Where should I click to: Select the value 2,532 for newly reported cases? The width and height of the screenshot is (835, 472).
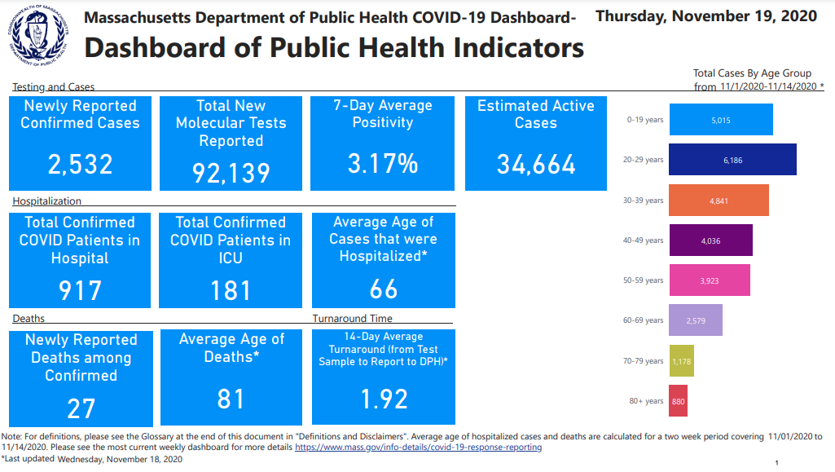click(80, 164)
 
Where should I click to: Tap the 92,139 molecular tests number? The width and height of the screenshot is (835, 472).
click(231, 172)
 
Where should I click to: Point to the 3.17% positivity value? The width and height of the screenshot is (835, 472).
click(382, 163)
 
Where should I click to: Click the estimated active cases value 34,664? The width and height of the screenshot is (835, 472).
click(536, 164)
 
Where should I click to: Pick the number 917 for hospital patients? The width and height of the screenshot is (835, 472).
click(80, 289)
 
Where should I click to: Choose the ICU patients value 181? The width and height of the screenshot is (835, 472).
click(231, 289)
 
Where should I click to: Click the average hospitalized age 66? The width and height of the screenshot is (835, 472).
click(383, 289)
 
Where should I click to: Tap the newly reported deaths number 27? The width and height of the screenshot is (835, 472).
click(81, 408)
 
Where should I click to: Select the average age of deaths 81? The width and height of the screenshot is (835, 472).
click(231, 399)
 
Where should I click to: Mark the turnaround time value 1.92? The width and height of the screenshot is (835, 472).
click(383, 399)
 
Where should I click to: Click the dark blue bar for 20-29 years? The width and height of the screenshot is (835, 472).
click(732, 160)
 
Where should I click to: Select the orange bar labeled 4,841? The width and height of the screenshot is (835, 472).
click(719, 200)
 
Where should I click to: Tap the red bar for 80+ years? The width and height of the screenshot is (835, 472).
click(678, 401)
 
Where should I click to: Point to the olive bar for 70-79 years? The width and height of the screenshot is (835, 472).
click(681, 360)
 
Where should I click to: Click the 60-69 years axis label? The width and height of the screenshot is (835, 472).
click(644, 320)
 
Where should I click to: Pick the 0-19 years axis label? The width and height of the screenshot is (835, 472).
click(645, 120)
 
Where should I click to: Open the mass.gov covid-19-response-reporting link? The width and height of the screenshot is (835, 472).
click(418, 447)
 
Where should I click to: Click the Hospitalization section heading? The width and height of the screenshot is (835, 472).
click(46, 201)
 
